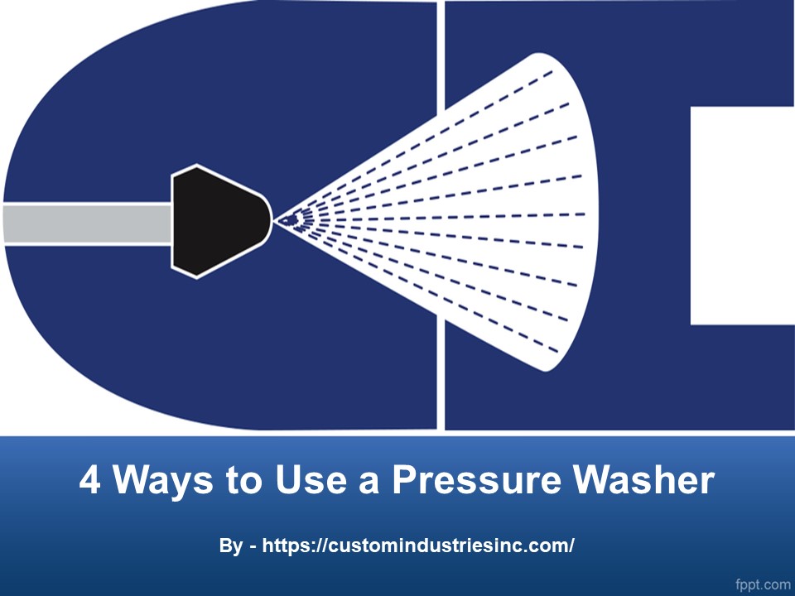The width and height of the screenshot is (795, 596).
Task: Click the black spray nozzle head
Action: [217, 220]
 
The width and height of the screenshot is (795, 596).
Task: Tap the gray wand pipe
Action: [87, 223]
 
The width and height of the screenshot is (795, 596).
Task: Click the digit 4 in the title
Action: [90, 481]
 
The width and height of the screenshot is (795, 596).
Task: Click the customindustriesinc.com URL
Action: [418, 546]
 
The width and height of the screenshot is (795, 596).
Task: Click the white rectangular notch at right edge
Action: [742, 215]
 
